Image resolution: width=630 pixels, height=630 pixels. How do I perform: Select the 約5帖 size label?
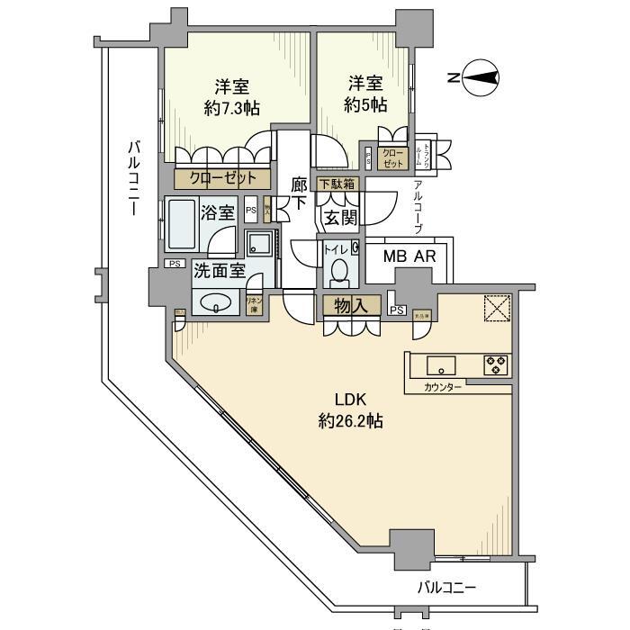tap(365, 104)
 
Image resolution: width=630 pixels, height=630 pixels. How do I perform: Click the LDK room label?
tap(350, 400)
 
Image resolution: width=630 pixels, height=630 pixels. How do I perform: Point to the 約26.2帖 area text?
tap(350, 420)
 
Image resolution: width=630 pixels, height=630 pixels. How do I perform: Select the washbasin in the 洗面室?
tap(216, 303)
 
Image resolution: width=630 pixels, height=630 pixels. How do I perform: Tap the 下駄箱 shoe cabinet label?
tap(334, 184)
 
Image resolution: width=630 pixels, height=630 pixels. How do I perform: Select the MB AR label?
tap(410, 257)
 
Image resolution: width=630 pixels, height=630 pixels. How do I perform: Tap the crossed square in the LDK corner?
tap(496, 308)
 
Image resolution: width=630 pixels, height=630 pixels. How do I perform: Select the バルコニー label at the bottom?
tap(446, 588)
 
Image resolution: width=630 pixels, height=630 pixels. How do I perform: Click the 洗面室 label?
tap(216, 269)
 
